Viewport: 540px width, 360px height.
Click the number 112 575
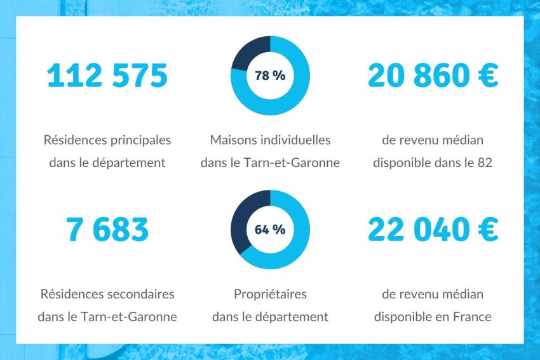[107, 76]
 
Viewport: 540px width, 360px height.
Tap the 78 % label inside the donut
[270, 76]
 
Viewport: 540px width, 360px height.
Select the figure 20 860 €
[433, 76]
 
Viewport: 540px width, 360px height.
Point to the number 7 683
[107, 230]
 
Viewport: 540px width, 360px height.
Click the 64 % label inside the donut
[270, 230]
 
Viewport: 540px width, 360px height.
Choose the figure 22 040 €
[433, 230]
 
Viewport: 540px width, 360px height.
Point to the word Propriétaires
[270, 295]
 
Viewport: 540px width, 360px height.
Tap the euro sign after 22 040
[487, 230]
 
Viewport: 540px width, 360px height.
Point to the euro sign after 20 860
[487, 76]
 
